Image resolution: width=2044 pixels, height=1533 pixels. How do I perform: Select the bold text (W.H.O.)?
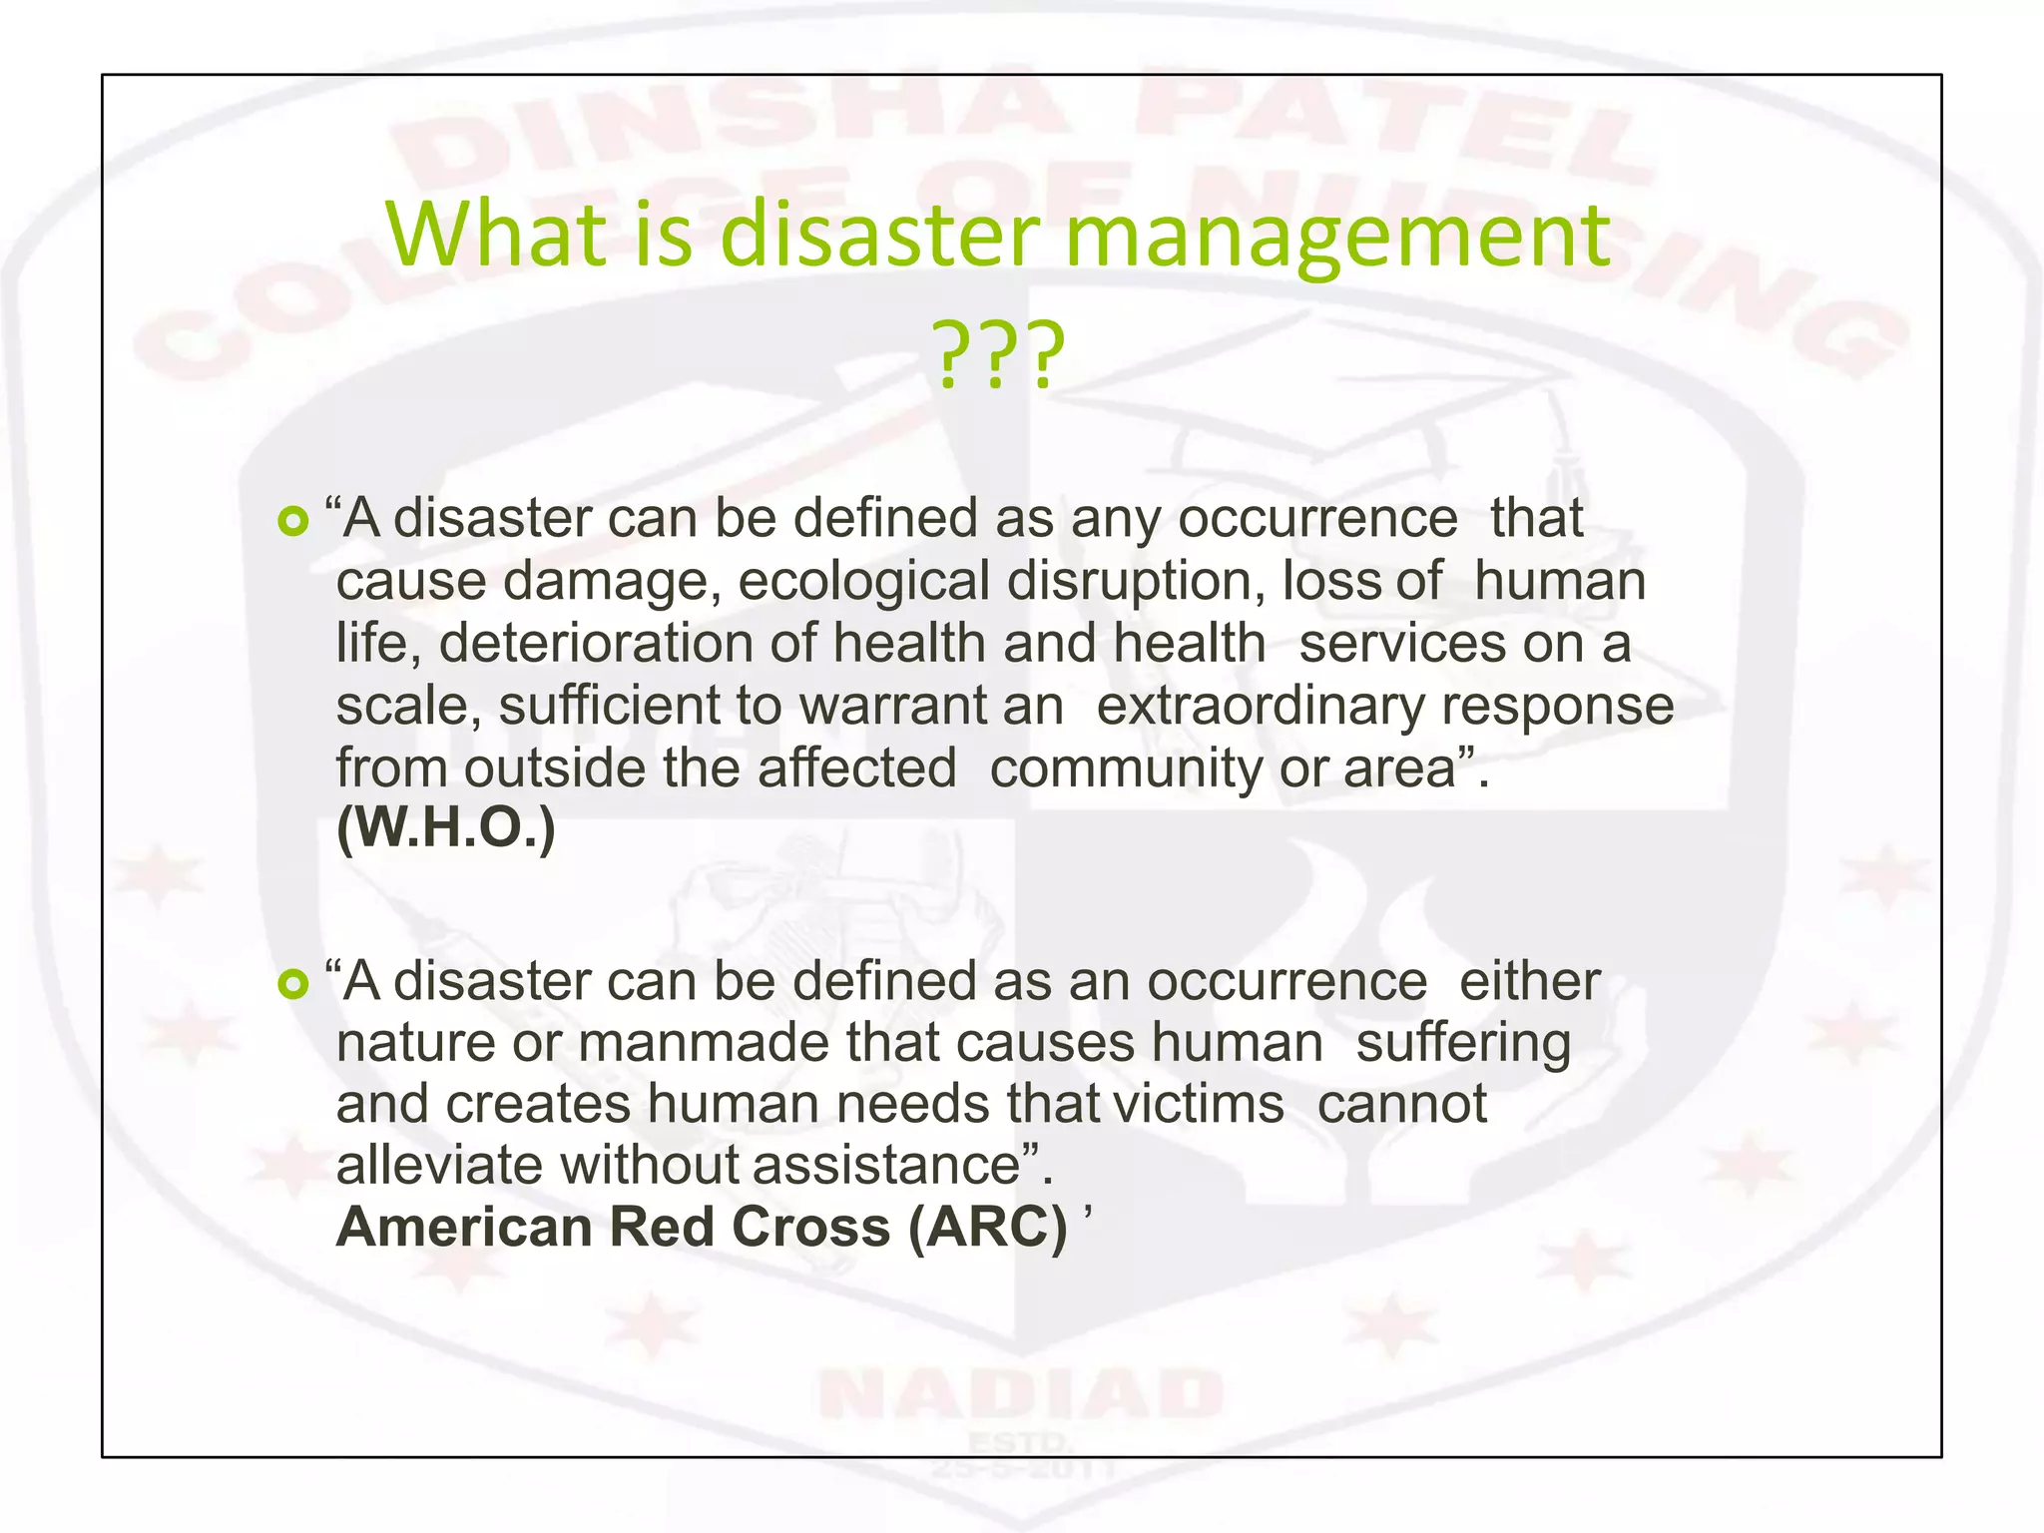(445, 828)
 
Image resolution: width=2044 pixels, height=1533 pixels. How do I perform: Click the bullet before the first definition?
(292, 521)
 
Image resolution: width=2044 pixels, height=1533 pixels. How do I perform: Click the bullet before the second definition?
(292, 985)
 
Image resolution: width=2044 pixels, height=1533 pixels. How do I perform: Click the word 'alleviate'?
(439, 1165)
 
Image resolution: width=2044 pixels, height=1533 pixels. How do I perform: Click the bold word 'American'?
(465, 1227)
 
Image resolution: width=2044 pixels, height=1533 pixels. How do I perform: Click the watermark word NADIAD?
(1020, 1395)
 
